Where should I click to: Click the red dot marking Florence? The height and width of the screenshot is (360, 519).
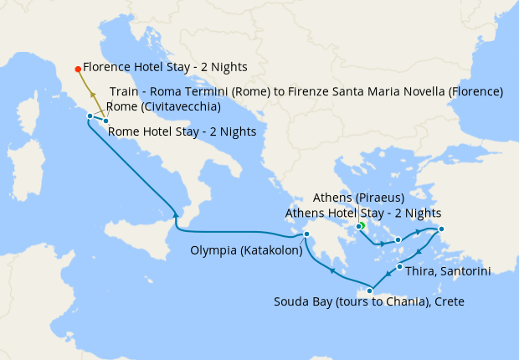[78, 69]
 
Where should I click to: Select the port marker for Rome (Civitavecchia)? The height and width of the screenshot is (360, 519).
[90, 116]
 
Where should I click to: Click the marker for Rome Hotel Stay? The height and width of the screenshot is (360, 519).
[105, 121]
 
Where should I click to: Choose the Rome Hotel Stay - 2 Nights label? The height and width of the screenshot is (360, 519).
[182, 131]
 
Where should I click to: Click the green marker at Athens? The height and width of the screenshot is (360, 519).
[361, 226]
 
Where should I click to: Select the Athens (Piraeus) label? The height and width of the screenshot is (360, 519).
[358, 198]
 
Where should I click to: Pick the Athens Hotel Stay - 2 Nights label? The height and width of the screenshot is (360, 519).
[362, 213]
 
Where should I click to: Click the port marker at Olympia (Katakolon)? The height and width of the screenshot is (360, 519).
[306, 234]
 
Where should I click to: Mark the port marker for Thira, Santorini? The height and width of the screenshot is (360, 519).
[399, 267]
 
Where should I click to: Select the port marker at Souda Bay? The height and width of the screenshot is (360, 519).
[369, 291]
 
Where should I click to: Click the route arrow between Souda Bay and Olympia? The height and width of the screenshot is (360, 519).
[332, 270]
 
